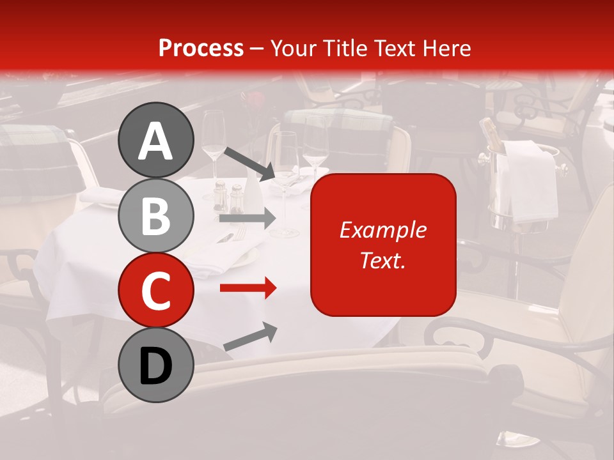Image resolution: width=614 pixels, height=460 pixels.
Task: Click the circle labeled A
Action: pos(155,141)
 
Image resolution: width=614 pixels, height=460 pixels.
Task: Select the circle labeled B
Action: pos(155,215)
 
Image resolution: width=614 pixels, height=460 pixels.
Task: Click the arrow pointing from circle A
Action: pos(249,164)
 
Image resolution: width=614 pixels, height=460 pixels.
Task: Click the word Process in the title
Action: pos(201,48)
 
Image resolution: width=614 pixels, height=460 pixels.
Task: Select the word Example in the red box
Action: pos(382,230)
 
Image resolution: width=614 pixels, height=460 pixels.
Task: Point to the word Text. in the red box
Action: pos(382,260)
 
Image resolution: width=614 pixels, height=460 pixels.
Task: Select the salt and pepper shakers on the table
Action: pos(228,197)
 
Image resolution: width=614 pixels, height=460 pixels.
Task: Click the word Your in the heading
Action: pos(292,48)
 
